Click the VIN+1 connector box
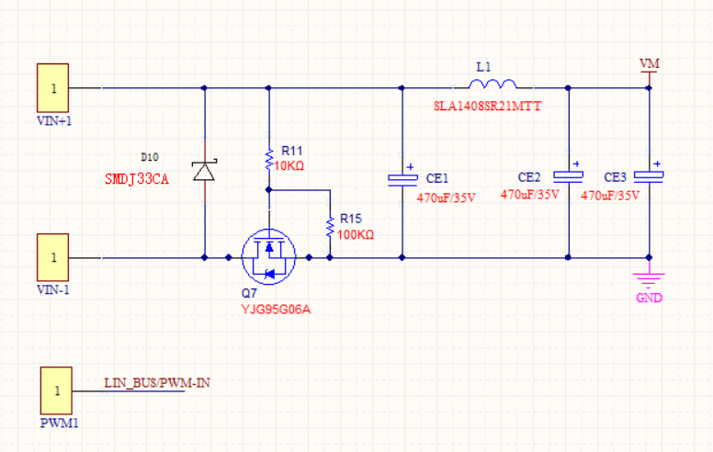(x=52, y=88)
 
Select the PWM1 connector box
(x=56, y=390)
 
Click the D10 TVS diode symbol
(x=203, y=170)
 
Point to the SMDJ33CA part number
(x=137, y=179)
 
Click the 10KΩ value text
(x=289, y=166)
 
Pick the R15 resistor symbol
(x=329, y=226)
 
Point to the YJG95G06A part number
(x=277, y=310)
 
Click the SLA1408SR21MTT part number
(x=488, y=107)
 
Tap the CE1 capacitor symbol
(x=402, y=178)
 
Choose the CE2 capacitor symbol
(x=569, y=175)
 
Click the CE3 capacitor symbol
(x=650, y=175)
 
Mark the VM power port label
(x=650, y=62)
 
